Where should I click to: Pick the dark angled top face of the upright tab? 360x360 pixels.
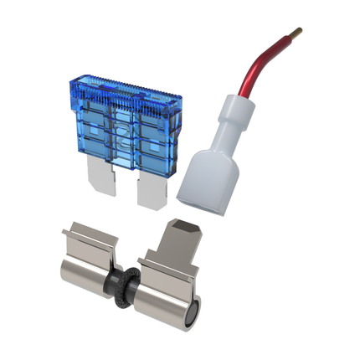pyautogui.click(x=186, y=227)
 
